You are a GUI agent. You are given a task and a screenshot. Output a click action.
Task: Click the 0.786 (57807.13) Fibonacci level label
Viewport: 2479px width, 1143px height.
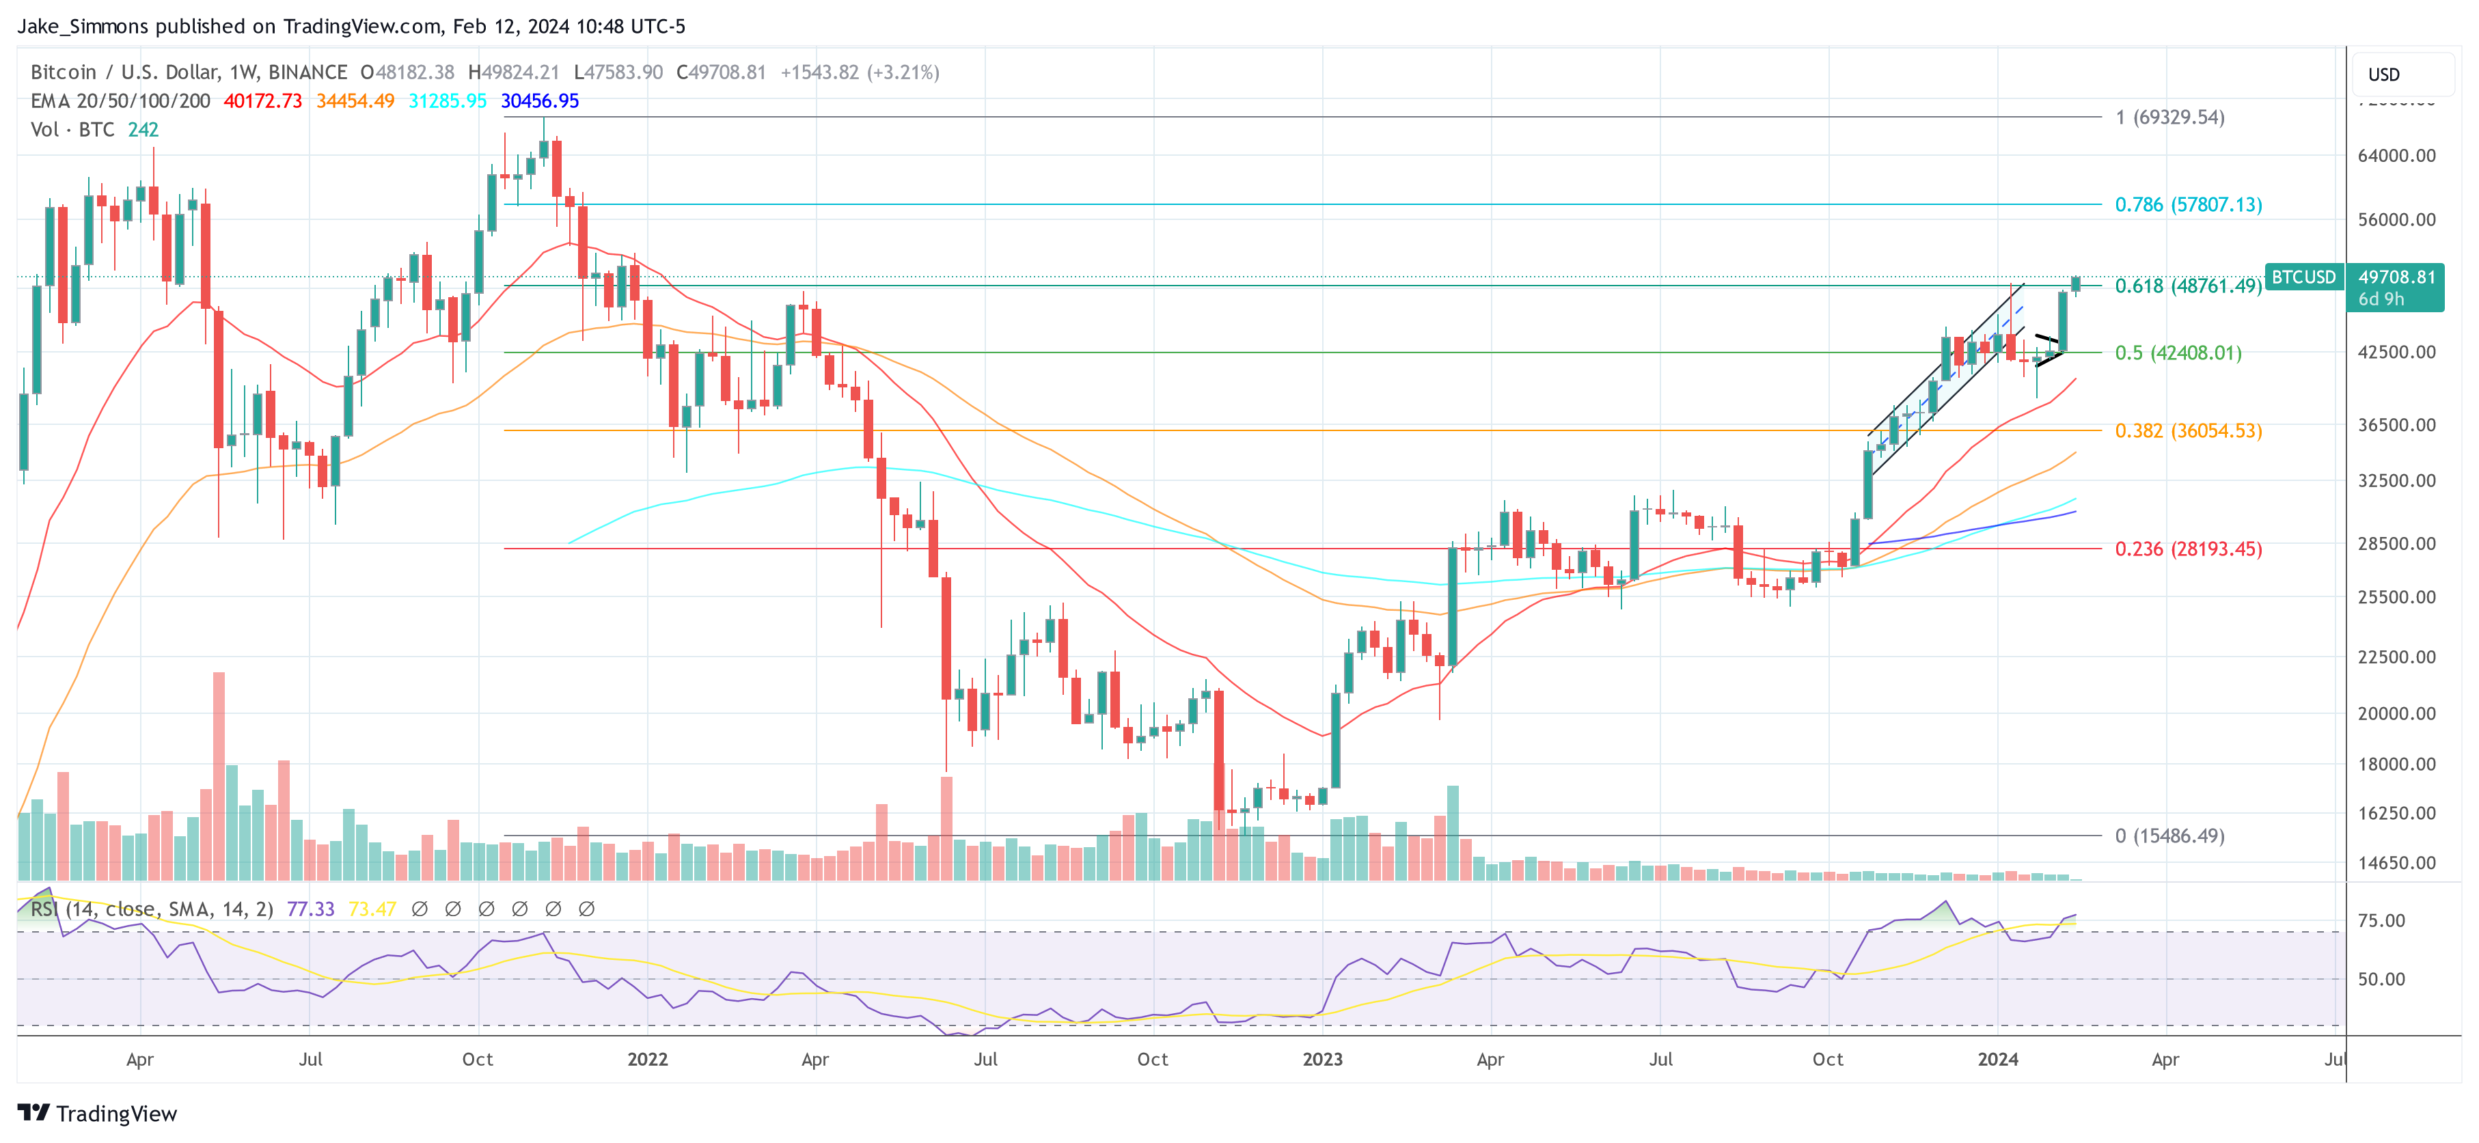coord(2187,205)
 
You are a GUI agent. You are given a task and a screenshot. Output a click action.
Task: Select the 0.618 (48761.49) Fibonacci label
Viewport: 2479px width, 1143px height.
coord(2187,286)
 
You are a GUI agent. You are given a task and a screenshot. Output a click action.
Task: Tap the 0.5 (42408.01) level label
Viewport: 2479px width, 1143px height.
coord(2178,353)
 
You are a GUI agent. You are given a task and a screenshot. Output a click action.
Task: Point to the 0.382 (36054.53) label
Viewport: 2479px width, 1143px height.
coord(2187,431)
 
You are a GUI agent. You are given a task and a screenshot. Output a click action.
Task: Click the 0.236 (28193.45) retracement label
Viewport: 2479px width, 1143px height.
coord(2187,549)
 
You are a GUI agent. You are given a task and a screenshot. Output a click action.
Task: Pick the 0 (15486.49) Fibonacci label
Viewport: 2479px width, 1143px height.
coord(2169,836)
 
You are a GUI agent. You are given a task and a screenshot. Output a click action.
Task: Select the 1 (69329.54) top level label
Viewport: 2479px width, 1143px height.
coord(2169,118)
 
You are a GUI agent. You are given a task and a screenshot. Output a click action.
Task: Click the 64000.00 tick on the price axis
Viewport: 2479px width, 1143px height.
coord(2396,156)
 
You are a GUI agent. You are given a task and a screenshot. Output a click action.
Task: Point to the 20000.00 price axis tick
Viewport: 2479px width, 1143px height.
coord(2396,714)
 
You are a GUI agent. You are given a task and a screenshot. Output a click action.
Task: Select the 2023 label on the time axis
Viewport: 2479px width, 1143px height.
coord(1322,1059)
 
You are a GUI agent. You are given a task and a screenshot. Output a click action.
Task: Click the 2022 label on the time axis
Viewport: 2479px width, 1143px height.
coord(648,1059)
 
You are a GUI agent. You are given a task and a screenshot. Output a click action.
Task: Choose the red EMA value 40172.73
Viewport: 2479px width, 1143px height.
coord(262,101)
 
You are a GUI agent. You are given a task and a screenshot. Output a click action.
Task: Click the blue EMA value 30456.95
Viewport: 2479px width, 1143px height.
coord(540,101)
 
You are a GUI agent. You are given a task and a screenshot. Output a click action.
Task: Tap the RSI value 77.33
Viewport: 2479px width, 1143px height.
coord(310,909)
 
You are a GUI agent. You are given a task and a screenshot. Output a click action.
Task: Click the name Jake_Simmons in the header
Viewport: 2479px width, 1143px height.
coord(83,26)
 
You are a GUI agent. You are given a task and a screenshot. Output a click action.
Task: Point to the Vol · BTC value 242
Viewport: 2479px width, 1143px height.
coord(143,130)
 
